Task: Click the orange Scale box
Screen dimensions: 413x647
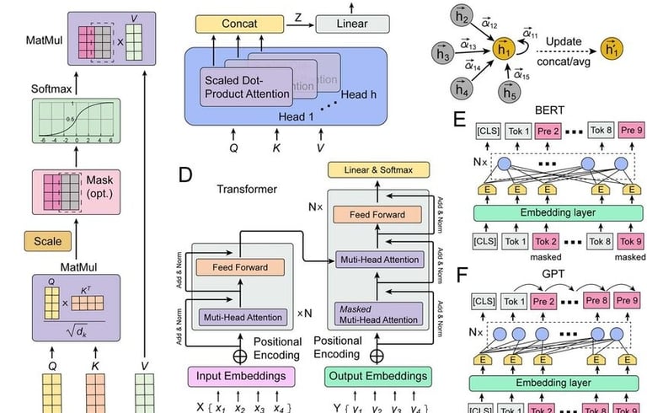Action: point(47,242)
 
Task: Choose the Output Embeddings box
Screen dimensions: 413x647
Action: point(373,377)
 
